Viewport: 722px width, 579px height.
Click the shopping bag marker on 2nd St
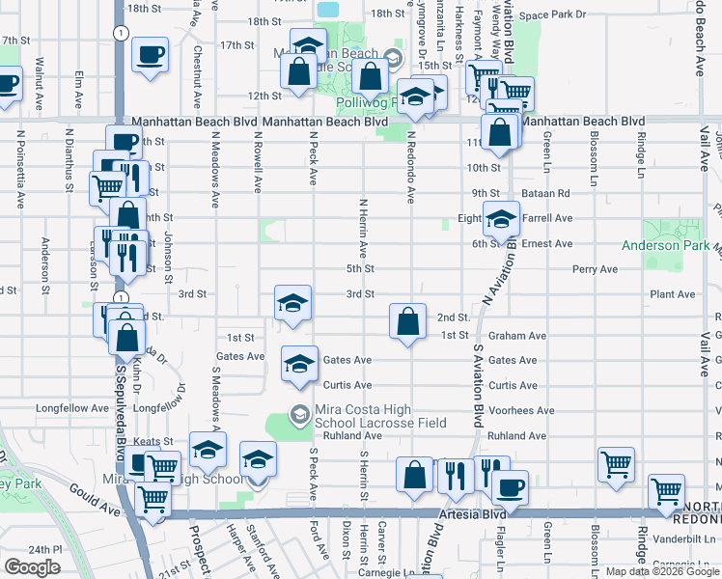click(x=408, y=321)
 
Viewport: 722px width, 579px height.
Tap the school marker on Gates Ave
click(x=299, y=364)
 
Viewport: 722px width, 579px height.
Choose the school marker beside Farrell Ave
click(x=501, y=220)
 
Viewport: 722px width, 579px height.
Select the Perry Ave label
click(x=595, y=269)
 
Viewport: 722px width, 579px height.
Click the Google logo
click(x=32, y=567)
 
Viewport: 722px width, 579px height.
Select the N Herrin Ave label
click(x=363, y=228)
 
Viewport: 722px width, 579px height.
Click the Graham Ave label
click(x=517, y=337)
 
